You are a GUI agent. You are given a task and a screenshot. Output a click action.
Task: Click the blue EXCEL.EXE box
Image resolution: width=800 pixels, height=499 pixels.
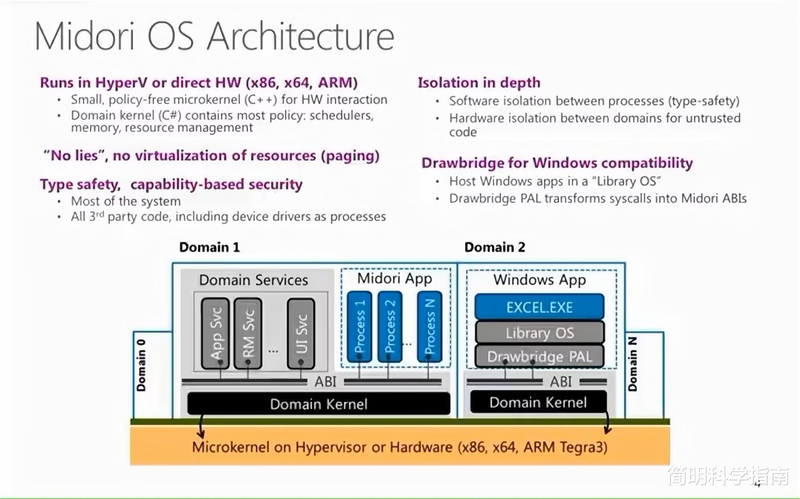tap(539, 307)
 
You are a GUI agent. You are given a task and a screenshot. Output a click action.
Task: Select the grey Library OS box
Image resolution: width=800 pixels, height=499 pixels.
tap(539, 333)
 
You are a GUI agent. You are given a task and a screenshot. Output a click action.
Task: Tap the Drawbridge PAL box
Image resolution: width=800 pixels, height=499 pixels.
tap(539, 356)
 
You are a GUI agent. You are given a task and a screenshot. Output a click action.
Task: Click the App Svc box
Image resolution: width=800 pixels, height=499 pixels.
tap(215, 333)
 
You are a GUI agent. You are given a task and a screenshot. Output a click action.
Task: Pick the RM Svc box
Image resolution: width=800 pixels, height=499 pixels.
tap(248, 333)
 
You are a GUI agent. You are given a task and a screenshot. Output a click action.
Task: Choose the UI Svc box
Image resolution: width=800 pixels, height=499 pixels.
tap(301, 333)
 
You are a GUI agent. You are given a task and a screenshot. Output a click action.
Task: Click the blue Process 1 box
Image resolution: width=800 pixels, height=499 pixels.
tap(359, 327)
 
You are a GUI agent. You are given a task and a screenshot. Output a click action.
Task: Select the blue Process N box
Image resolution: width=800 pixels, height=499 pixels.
tap(430, 327)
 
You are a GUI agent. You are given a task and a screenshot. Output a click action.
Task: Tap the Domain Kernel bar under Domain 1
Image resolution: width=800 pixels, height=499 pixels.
tap(319, 404)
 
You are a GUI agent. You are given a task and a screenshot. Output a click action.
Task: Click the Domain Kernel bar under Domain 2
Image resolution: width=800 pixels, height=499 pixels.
tap(538, 402)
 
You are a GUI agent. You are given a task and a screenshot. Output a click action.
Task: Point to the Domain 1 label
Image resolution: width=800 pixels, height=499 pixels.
tap(209, 247)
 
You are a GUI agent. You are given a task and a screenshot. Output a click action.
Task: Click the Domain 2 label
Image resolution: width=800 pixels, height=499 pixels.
tap(495, 247)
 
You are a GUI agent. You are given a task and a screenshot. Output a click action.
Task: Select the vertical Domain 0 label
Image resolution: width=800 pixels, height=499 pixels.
tap(141, 365)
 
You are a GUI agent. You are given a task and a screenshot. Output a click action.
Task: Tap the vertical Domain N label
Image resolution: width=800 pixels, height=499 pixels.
tap(632, 364)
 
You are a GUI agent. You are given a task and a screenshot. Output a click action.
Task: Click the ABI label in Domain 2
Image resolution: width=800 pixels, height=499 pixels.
tap(561, 381)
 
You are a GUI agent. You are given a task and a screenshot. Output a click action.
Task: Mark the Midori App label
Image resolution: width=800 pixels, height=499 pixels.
tap(394, 279)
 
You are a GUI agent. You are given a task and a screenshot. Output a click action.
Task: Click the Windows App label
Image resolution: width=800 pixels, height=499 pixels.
tap(539, 280)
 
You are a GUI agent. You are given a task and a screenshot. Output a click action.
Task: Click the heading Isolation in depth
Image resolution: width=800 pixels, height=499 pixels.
tap(479, 83)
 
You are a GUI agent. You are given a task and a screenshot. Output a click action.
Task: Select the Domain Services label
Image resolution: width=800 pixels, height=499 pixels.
tap(254, 280)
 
